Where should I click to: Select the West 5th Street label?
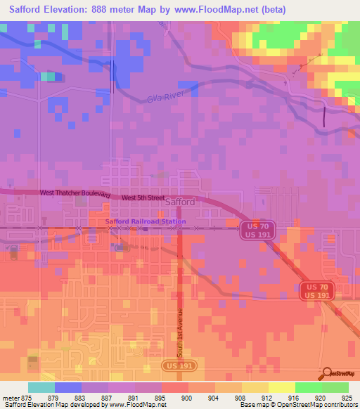143,198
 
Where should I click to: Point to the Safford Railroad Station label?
146,222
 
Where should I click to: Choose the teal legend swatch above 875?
41,387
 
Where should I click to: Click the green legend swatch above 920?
308,387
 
